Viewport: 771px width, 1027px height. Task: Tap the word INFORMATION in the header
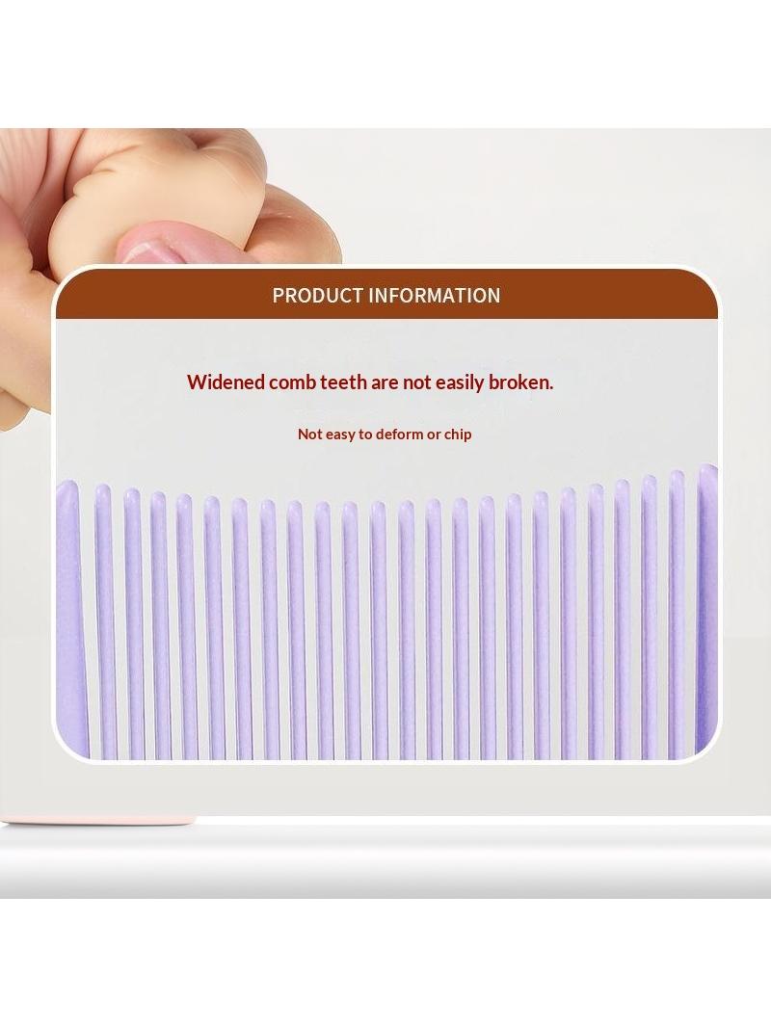(x=435, y=296)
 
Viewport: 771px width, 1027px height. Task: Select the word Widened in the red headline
(x=226, y=382)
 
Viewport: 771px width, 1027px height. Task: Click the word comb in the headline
(x=292, y=382)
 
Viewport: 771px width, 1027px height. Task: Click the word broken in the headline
(x=520, y=382)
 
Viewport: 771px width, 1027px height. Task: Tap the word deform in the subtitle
(x=400, y=434)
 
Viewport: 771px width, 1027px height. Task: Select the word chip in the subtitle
(x=458, y=434)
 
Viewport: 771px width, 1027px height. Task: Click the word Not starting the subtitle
(x=308, y=434)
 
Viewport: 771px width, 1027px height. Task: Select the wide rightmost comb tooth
(x=706, y=609)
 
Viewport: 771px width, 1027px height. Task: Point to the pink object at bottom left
(x=99, y=819)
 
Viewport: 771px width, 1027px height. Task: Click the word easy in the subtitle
(x=338, y=434)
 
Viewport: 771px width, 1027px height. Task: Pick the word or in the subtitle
(x=434, y=434)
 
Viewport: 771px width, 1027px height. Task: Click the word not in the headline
(x=416, y=382)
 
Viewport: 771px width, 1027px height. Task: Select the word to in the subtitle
(x=365, y=434)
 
